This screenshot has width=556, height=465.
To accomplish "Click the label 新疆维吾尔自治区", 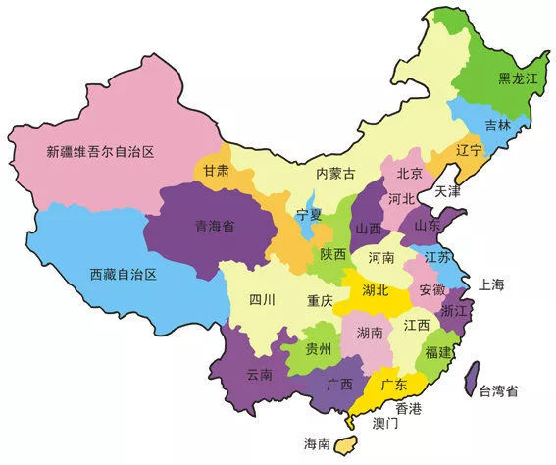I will pos(102,152).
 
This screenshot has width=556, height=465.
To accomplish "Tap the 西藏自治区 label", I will pos(124,274).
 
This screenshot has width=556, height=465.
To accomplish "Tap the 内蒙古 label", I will pos(334,174).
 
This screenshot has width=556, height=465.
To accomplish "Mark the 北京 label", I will pos(409,174).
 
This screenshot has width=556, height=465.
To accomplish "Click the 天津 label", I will pos(448,190).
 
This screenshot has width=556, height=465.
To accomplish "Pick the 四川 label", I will pos(261,300).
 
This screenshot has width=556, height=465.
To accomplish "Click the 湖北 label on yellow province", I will pos(376,290).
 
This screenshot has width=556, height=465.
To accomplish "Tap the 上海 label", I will pos(491,284).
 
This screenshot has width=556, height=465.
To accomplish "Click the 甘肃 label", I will pos(216,170).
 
